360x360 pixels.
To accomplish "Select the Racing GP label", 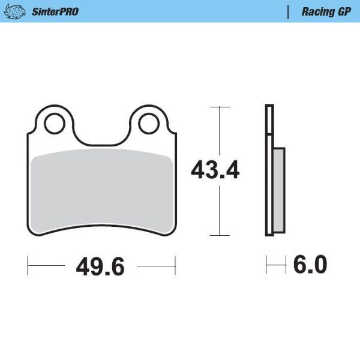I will click(326, 11).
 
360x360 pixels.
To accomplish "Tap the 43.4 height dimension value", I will click(215, 171).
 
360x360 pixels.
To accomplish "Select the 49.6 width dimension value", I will click(100, 265).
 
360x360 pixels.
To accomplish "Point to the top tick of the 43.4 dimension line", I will click(221, 107).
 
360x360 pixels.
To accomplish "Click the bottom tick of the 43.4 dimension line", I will click(221, 235).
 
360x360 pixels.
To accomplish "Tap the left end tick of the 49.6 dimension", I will click(28, 264).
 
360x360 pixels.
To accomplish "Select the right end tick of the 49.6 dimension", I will click(175, 264).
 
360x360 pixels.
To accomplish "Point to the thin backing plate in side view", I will click(269, 171).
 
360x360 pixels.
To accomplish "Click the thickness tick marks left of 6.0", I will click(275, 264).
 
